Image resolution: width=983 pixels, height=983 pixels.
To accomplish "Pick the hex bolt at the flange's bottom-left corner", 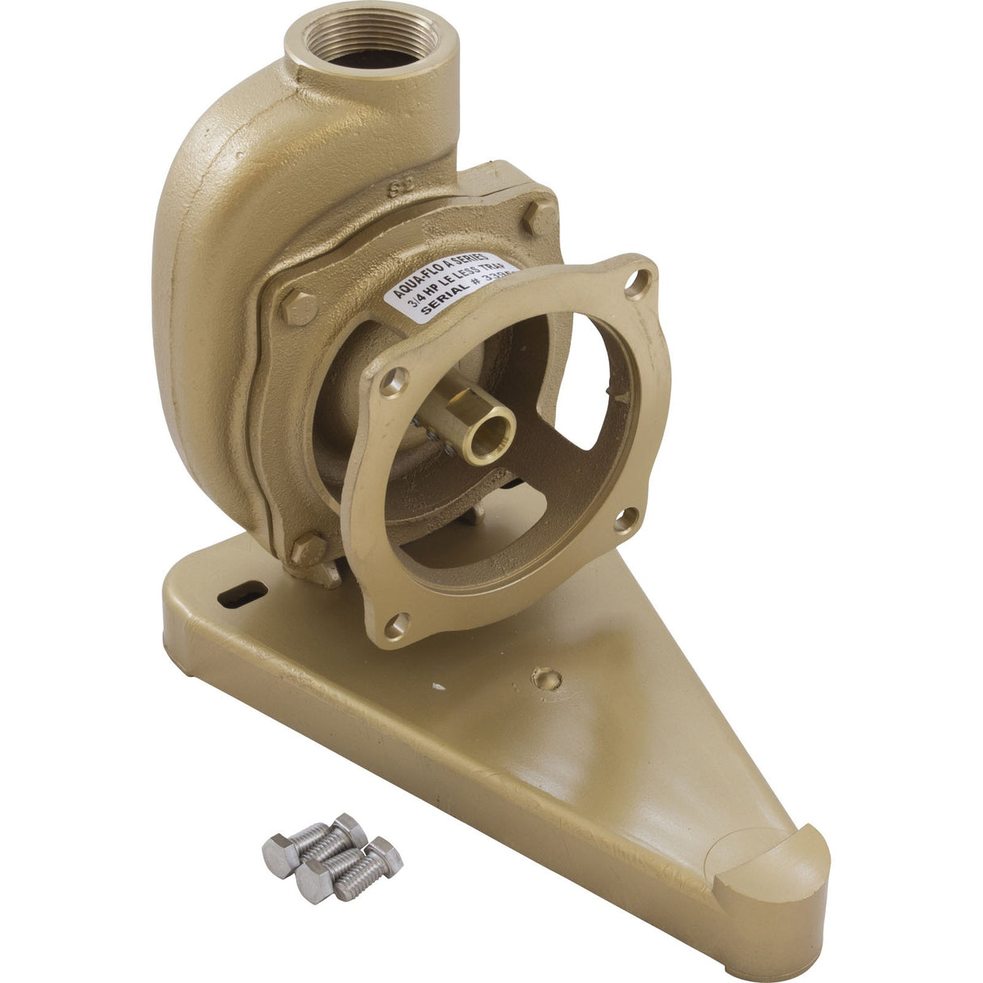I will click(x=309, y=548).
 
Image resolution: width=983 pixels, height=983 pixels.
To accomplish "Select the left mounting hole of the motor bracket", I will click(x=394, y=380).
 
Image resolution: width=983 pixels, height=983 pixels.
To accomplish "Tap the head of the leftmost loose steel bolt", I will click(x=278, y=852).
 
